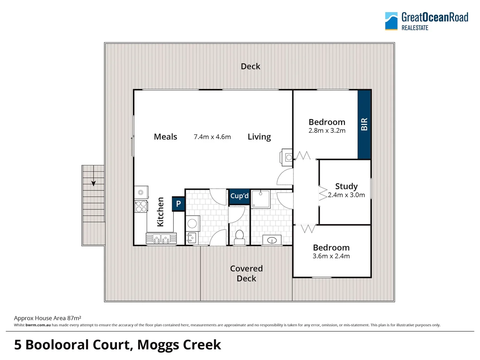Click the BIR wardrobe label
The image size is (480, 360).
(x=364, y=124)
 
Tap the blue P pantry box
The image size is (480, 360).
(x=178, y=204)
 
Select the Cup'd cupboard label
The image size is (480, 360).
(x=239, y=196)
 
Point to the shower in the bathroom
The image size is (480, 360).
(x=261, y=199)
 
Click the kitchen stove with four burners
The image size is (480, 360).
(x=141, y=207)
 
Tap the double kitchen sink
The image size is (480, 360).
(x=161, y=239)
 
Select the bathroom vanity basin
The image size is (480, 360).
(x=272, y=240)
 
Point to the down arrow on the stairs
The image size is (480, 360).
(x=94, y=183)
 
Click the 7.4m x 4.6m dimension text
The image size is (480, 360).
(x=212, y=137)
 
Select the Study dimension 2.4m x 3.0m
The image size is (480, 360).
(x=346, y=195)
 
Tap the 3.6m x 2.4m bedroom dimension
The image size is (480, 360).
(x=331, y=256)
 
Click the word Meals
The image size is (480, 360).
(x=165, y=137)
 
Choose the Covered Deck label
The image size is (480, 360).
(x=247, y=273)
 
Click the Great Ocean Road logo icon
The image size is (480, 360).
(x=391, y=21)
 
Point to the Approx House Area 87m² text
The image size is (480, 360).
(x=48, y=318)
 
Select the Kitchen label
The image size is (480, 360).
(x=160, y=212)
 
